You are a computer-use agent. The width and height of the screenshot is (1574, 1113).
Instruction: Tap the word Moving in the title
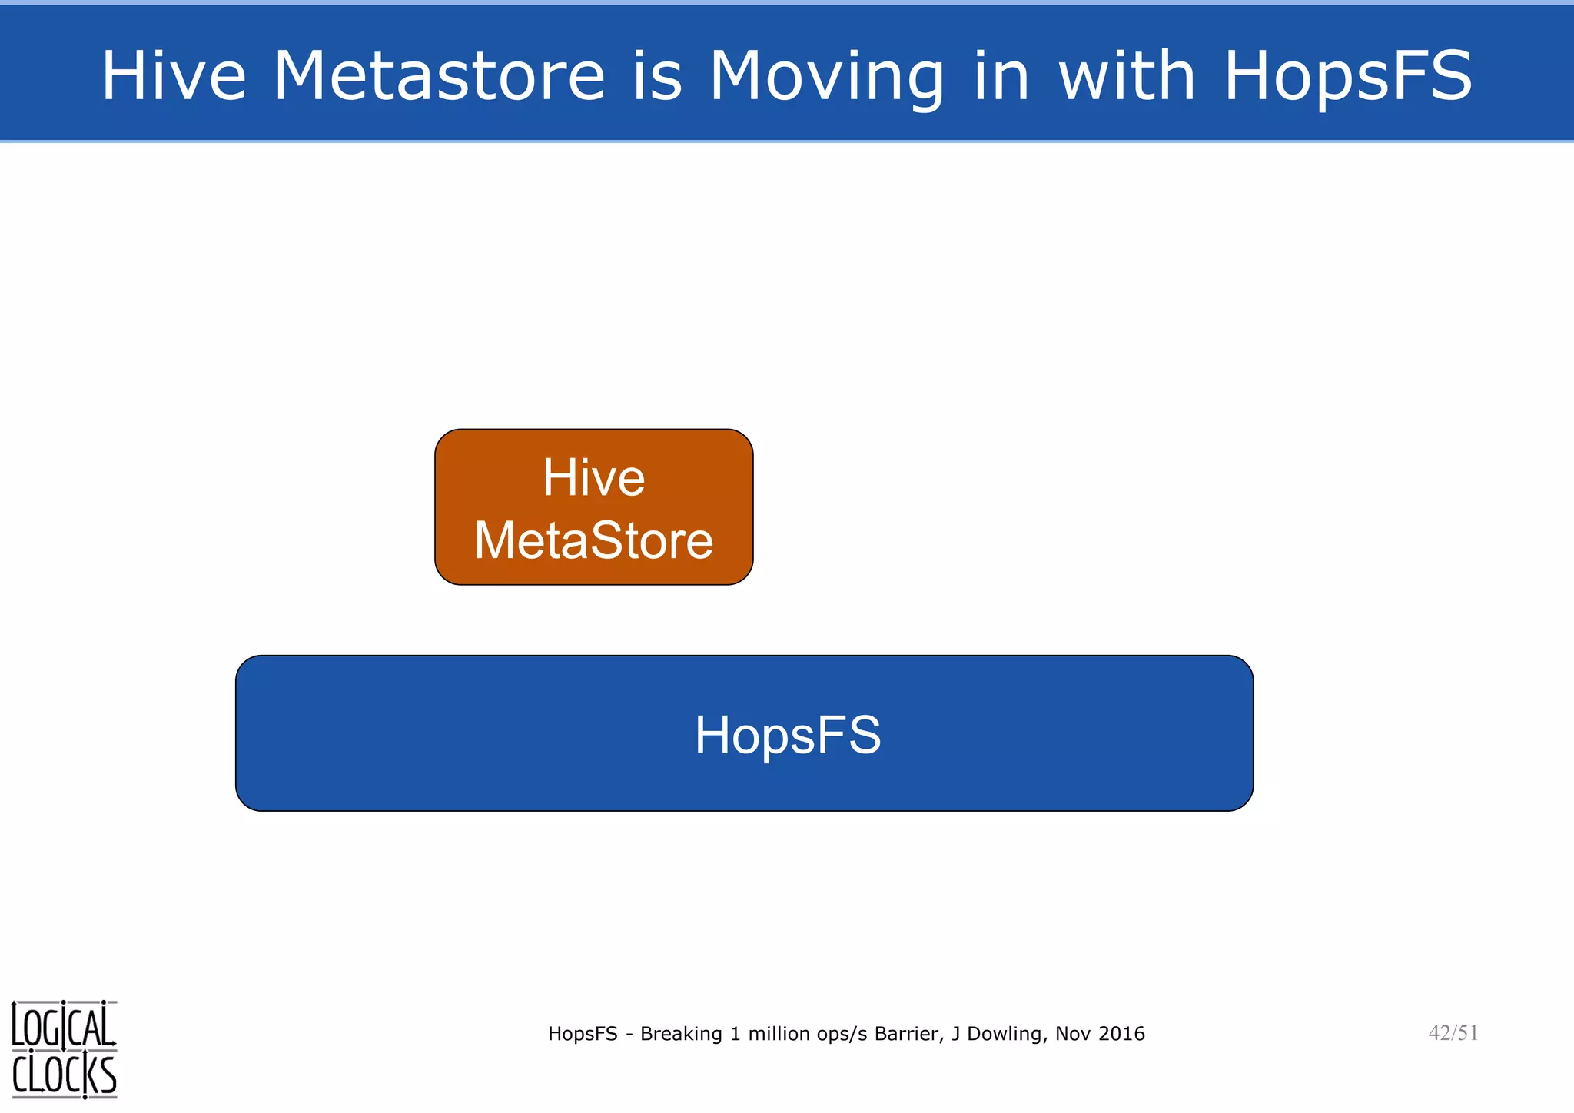(x=826, y=77)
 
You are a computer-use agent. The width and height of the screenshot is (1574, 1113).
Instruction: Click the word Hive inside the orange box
(x=593, y=478)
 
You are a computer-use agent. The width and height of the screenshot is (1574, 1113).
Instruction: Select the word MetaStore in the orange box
(x=593, y=540)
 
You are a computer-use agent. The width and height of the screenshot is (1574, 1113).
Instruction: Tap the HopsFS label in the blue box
(x=788, y=736)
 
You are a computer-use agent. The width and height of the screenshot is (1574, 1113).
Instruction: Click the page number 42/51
(x=1453, y=1032)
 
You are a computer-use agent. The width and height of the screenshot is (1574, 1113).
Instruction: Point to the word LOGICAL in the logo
(x=64, y=1027)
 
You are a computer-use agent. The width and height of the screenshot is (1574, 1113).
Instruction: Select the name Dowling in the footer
(x=1006, y=1034)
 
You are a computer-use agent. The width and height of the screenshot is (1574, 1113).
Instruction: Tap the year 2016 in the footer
(x=1121, y=1034)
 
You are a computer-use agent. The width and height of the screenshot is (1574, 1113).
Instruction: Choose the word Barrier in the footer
(x=907, y=1034)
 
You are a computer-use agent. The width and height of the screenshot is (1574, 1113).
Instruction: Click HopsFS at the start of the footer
(x=583, y=1034)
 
